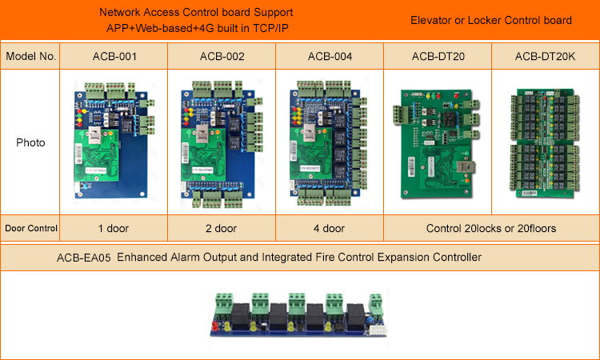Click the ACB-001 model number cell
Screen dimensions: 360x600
coord(113,56)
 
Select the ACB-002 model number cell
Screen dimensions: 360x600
coord(222,56)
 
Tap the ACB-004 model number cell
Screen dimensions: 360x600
coord(330,56)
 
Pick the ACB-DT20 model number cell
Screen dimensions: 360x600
coord(437,56)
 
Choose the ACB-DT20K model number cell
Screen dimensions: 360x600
coord(546,56)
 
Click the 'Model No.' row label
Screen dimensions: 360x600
coord(30,56)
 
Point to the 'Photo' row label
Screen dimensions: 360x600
coord(30,143)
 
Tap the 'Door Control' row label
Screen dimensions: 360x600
coord(30,229)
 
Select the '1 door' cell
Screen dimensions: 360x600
coord(113,229)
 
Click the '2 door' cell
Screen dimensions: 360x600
coord(222,229)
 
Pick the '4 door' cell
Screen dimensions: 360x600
coord(330,229)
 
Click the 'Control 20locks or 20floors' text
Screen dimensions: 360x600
coord(490,229)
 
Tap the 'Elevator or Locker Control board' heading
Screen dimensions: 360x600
coord(490,20)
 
